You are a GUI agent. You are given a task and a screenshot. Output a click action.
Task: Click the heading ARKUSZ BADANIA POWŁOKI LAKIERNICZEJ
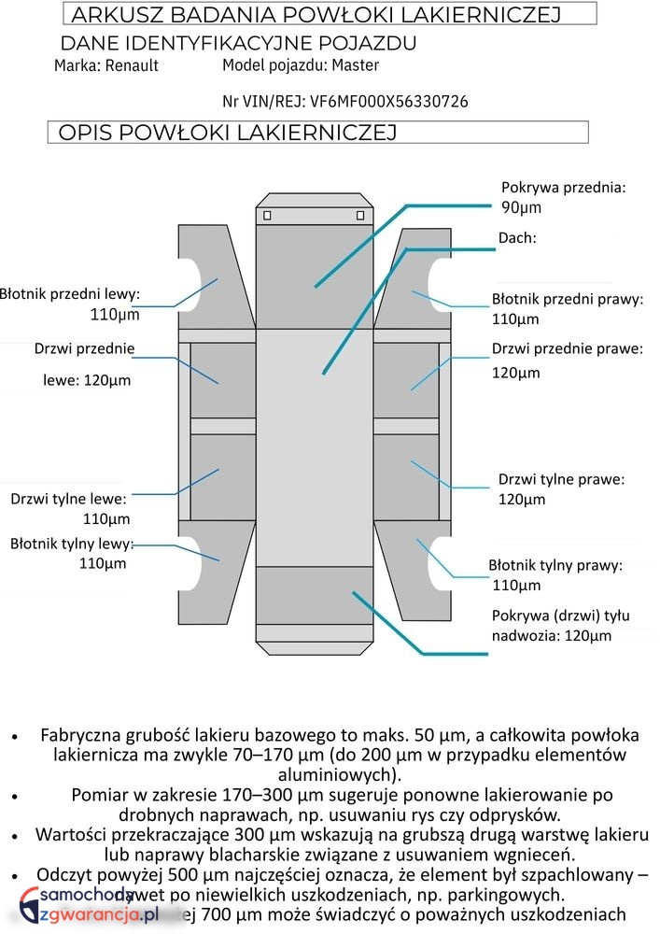coord(315,15)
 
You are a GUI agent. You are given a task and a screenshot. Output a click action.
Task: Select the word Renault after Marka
coord(132,65)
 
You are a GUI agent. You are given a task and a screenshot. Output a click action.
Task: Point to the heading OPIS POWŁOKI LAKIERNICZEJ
coord(227,133)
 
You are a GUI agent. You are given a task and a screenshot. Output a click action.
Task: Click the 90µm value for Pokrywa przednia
coord(522,207)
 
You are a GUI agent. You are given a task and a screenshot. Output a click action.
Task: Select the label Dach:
coord(517,238)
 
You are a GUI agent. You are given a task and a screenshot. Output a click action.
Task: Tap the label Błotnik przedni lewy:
coord(70,294)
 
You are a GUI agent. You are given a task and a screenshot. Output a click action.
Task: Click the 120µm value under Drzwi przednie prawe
coord(516,373)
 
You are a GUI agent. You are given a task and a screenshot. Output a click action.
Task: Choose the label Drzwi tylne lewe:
coord(68,499)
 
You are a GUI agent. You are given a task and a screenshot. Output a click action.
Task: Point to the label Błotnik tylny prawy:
coord(555,565)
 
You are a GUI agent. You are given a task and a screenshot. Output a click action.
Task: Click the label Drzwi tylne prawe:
coord(561,479)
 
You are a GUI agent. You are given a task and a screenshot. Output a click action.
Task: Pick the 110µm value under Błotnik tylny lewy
coord(103,563)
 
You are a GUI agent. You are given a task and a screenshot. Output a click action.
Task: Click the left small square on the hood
coord(268,216)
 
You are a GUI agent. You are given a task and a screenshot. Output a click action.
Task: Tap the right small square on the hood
coord(360,216)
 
